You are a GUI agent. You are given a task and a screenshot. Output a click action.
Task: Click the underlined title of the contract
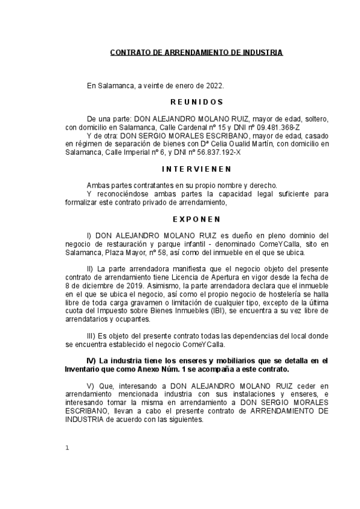coord(196,53)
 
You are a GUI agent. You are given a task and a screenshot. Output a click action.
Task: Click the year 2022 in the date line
coord(215,86)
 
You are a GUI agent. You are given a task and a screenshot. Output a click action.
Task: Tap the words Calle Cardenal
coord(180,128)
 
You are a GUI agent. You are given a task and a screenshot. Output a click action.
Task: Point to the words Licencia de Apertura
coord(205,278)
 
